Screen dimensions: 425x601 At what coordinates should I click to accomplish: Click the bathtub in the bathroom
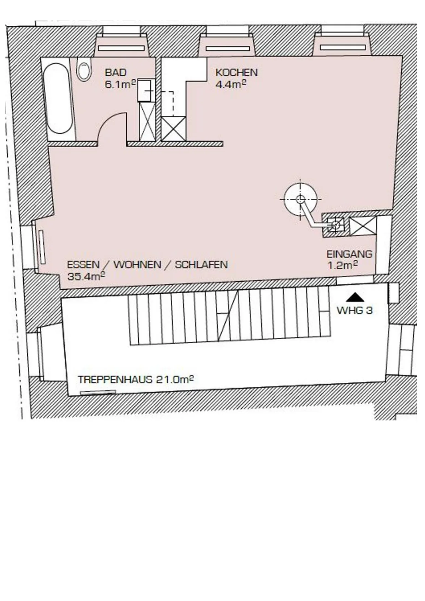58,98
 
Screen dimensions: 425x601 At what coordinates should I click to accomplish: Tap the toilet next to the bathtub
84,69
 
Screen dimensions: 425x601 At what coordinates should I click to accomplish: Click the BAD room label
116,72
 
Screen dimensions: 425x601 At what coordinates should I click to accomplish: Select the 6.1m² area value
120,84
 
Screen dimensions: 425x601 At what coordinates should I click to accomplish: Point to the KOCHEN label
236,72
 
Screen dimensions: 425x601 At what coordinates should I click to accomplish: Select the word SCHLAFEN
201,265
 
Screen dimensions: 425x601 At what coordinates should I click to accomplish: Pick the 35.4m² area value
86,276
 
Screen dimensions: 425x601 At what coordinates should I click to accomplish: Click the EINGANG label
349,254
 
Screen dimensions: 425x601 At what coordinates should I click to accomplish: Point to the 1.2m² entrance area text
343,265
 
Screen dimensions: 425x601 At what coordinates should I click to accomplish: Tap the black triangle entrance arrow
355,297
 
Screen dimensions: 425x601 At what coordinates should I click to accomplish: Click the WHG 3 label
355,310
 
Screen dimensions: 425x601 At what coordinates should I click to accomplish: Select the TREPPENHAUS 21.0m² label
136,379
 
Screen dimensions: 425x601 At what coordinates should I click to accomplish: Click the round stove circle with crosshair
300,199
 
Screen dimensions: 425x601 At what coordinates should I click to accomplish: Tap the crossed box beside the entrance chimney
363,226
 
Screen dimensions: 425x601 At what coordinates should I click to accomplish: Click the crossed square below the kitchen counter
174,129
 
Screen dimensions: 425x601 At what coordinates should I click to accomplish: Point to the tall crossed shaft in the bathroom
147,122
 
